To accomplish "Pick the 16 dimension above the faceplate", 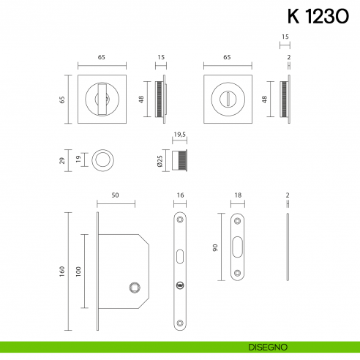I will [x=180, y=196].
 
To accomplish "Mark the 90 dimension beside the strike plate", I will [x=217, y=248].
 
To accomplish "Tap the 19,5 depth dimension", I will [x=181, y=135].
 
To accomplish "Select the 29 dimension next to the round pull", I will [x=63, y=160].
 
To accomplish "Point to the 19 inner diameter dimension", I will [x=79, y=160].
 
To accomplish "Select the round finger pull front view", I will [x=102, y=160].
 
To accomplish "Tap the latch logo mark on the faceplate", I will [x=180, y=285].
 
